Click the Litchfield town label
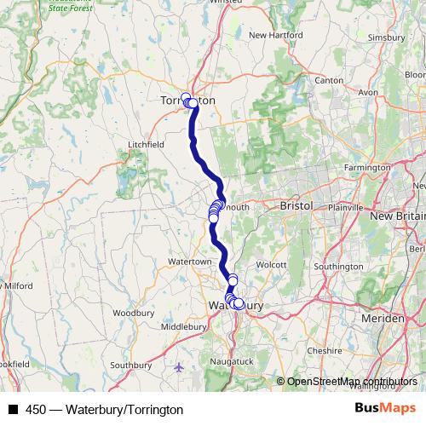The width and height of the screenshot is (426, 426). pyautogui.click(x=145, y=145)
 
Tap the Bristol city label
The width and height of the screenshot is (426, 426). pyautogui.click(x=296, y=206)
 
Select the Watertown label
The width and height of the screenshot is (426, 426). pyautogui.click(x=188, y=261)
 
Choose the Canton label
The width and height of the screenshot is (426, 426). pyautogui.click(x=329, y=80)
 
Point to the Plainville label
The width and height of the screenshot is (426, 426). pyautogui.click(x=347, y=207)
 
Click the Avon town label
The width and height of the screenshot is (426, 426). pyautogui.click(x=368, y=91)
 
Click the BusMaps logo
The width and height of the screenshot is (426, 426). pyautogui.click(x=392, y=408)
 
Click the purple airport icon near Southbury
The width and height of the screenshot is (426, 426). pyautogui.click(x=178, y=367)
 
